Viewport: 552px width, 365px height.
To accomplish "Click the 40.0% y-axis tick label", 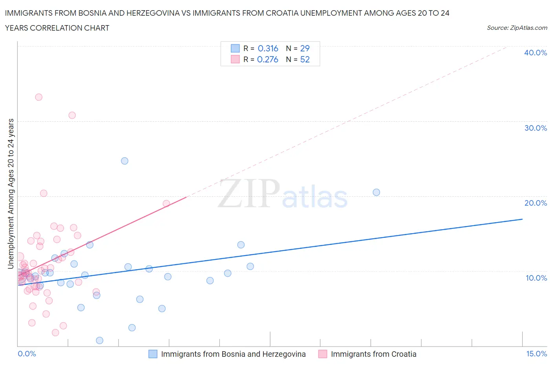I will point(536,53).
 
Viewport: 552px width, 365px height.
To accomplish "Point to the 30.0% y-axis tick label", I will point(536,128).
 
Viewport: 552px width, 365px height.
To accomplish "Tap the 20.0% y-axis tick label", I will point(536,203).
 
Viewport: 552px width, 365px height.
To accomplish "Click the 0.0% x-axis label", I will point(27,354).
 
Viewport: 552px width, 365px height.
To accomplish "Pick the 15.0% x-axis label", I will point(536,354).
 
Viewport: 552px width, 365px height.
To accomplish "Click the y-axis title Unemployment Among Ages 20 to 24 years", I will point(11,194).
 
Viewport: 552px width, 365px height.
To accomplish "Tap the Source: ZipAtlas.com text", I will point(517,28).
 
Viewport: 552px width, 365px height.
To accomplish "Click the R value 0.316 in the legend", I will point(268,48).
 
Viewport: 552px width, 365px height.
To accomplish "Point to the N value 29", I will point(305,48).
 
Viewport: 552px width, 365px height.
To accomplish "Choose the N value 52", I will point(305,59).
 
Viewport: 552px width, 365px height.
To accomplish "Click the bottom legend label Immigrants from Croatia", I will point(373,354).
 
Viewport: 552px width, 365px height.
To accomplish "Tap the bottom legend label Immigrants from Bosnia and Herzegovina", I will point(233,354).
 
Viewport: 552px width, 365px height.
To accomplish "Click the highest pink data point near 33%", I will point(38,97).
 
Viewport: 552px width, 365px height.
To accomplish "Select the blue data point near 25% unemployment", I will point(124,161).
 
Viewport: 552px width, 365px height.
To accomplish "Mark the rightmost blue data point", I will point(376,192).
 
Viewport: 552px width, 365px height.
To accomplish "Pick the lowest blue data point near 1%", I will point(100,340).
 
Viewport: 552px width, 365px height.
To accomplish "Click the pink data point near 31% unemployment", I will point(72,115).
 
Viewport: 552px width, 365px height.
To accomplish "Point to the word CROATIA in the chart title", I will point(281,13).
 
